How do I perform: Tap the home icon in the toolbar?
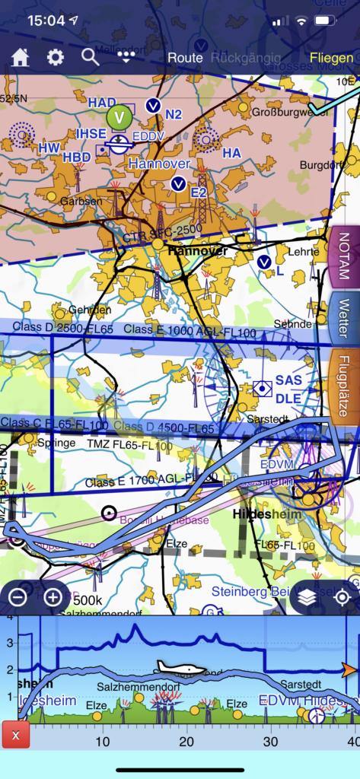[x=20, y=58]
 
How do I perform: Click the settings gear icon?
[x=56, y=58]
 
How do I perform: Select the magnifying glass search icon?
[x=91, y=57]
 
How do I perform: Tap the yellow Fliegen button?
[x=331, y=58]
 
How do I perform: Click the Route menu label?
[x=185, y=58]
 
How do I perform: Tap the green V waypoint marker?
[x=119, y=117]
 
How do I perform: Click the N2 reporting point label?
[x=174, y=115]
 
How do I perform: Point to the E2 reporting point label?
[x=199, y=192]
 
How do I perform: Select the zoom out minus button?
[x=18, y=597]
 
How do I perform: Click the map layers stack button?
[x=307, y=597]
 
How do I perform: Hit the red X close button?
[x=15, y=735]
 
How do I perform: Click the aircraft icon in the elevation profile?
[x=180, y=668]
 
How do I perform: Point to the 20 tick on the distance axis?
[x=186, y=741]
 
